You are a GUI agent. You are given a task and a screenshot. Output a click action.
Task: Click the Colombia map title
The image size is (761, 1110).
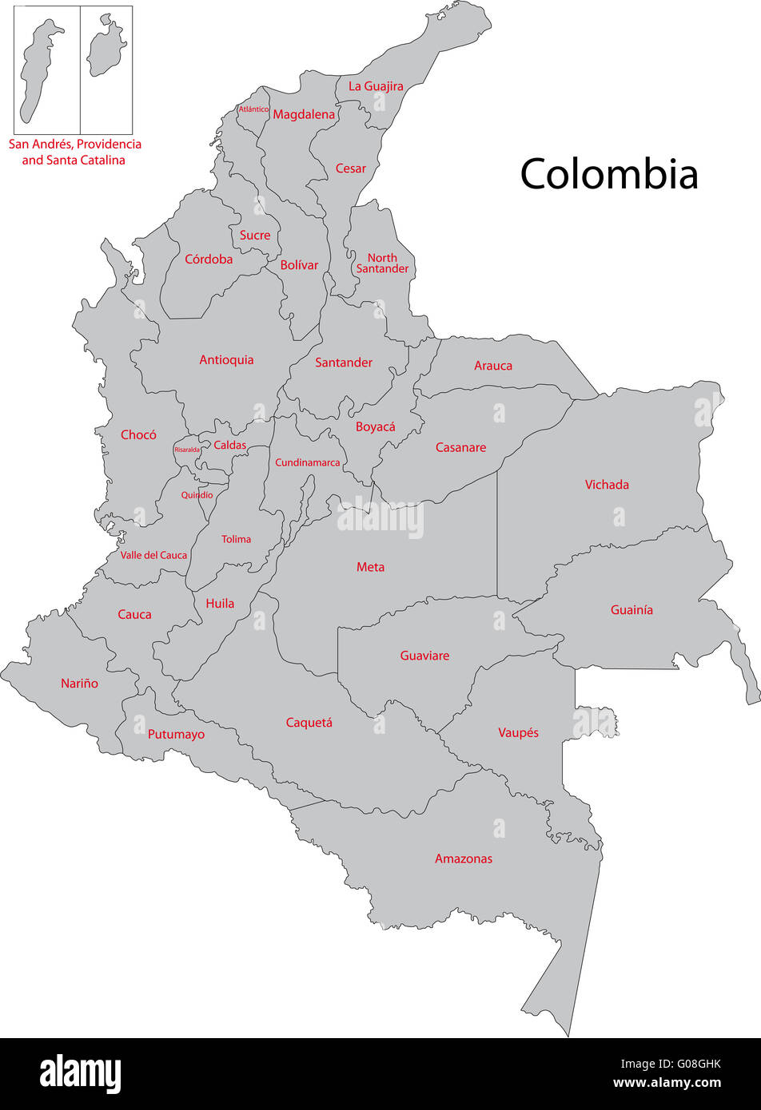point(609,173)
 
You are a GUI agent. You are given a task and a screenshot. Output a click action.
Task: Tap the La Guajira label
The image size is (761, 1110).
point(376,86)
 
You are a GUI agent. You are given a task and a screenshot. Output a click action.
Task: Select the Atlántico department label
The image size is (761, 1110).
point(253,109)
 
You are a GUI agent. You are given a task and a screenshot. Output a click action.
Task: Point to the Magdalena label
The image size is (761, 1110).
point(304,115)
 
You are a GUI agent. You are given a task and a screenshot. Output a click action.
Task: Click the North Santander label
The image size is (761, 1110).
point(382,264)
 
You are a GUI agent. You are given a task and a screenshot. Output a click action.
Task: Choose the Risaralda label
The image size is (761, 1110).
point(187,450)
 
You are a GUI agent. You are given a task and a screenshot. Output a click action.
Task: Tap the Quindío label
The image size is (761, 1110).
point(197,495)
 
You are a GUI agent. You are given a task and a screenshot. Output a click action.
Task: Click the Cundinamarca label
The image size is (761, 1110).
point(308,463)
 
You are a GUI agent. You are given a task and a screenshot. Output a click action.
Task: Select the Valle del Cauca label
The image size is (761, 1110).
point(153,555)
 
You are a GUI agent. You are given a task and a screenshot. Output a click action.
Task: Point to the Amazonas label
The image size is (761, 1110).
point(464,859)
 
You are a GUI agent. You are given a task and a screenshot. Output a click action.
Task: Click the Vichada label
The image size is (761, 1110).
point(607,485)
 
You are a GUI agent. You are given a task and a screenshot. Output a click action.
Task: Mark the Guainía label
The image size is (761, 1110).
point(632,610)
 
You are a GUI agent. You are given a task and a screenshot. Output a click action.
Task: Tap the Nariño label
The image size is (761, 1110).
point(80,684)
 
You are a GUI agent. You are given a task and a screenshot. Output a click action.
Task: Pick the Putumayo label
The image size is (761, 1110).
point(176,735)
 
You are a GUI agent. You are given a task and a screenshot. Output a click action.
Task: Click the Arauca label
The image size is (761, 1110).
point(493,366)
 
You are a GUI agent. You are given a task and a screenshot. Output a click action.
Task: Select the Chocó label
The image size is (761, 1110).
point(138,435)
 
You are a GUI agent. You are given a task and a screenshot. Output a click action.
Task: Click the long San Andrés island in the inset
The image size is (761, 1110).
point(40,72)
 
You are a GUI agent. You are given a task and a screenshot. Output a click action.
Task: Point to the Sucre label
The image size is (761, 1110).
point(255,236)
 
